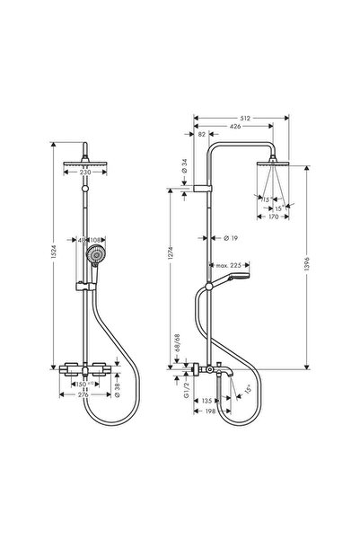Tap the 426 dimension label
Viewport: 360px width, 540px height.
pyautogui.click(x=236, y=127)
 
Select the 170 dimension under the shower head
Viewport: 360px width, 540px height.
pyautogui.click(x=267, y=217)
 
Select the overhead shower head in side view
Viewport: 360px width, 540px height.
pyautogui.click(x=268, y=164)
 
